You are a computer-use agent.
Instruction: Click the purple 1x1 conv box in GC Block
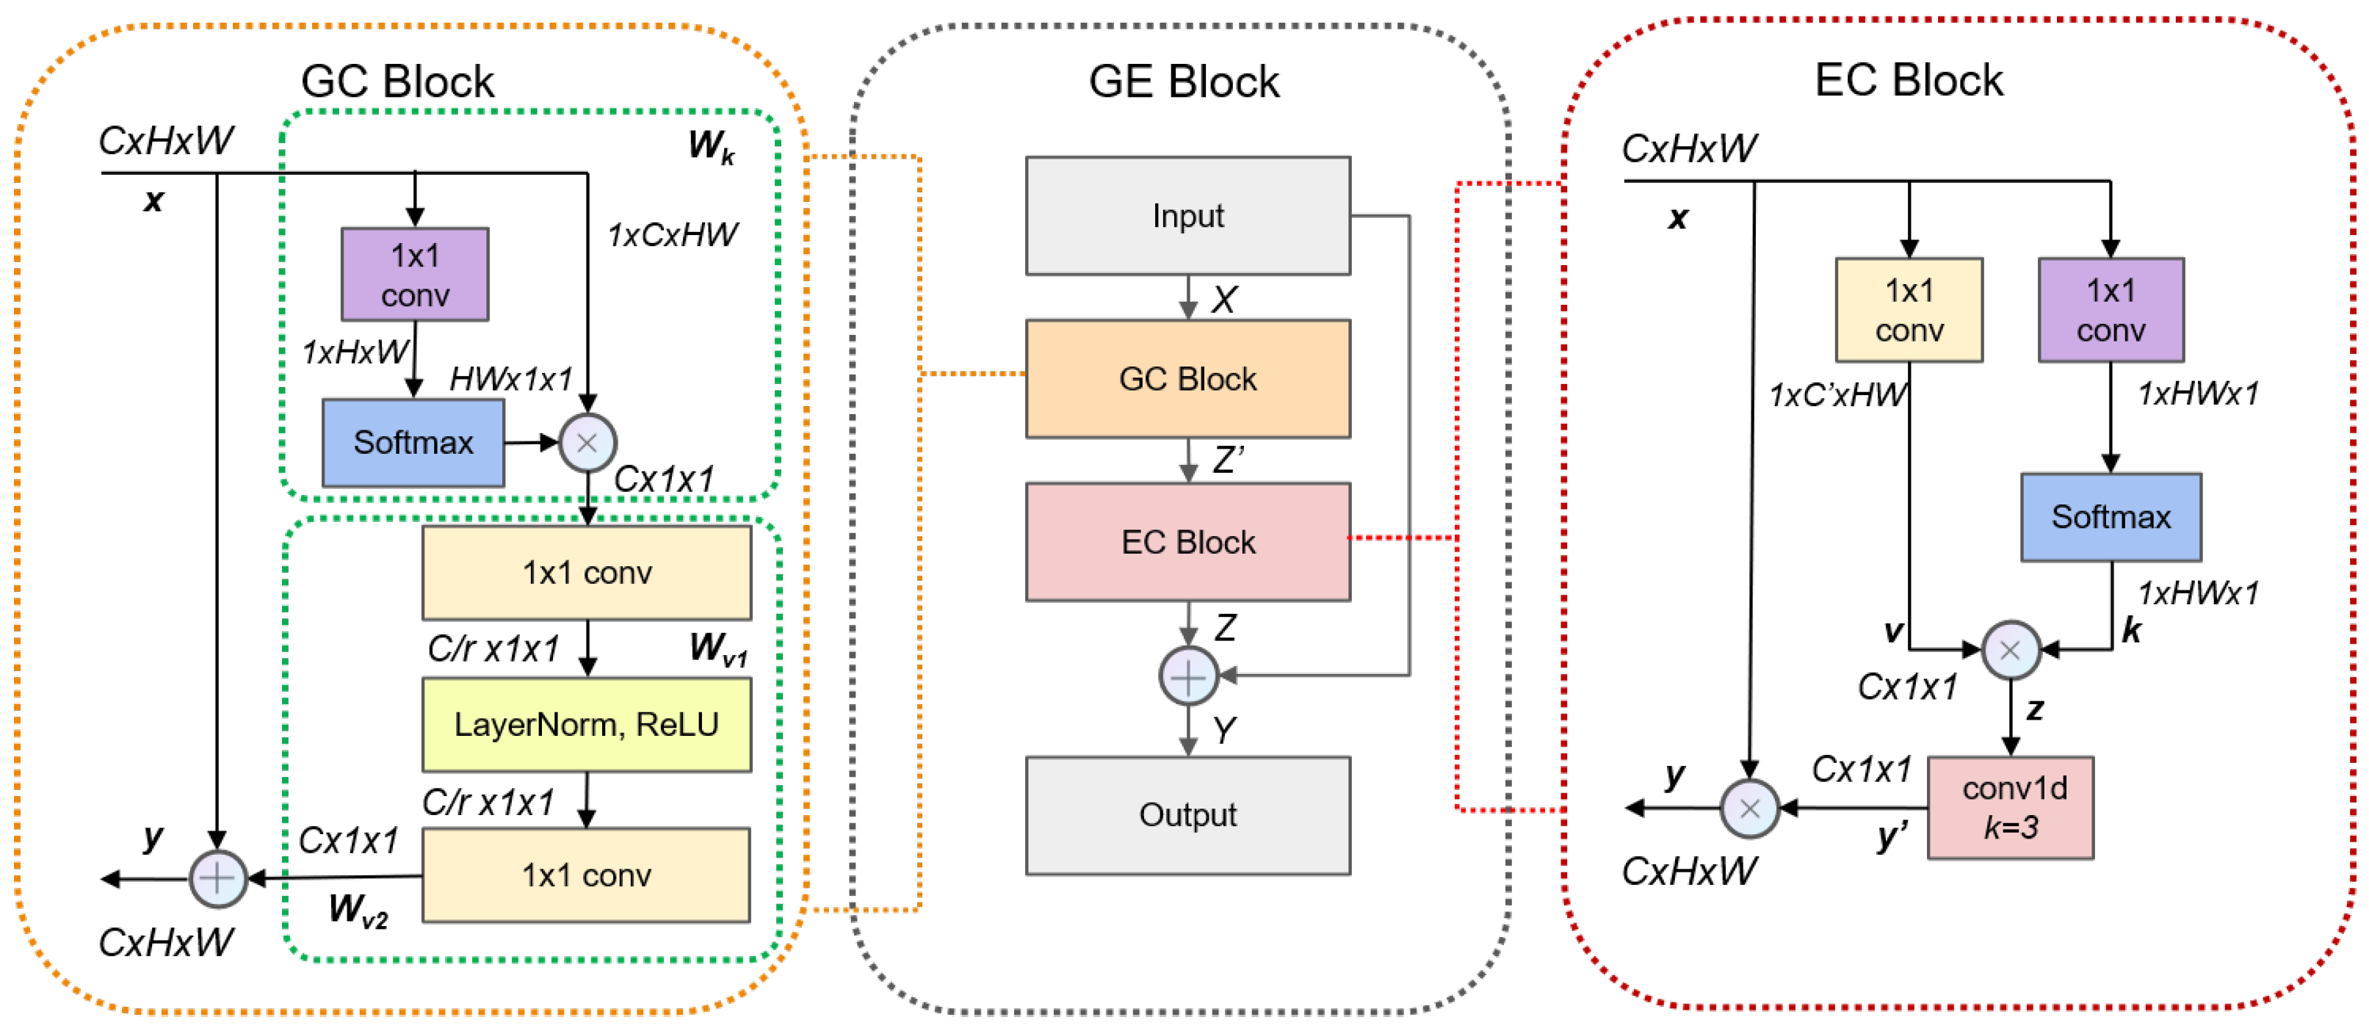415,274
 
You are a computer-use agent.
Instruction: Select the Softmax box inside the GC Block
413,442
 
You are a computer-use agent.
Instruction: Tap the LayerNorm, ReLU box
587,725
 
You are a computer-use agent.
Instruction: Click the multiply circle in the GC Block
587,442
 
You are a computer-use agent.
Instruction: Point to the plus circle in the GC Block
218,878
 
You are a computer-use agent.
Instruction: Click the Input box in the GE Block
1187,216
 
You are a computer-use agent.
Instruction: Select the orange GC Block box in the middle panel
1187,379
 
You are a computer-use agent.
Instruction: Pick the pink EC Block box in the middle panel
1187,542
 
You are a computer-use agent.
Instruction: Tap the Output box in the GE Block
1187,815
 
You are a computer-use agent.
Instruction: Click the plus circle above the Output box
1188,677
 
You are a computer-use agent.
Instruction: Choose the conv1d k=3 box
2011,808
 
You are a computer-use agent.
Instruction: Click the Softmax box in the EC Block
2111,517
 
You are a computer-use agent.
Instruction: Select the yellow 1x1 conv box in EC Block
1909,310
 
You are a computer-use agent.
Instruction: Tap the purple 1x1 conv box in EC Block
2111,310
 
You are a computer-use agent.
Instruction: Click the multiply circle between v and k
2011,650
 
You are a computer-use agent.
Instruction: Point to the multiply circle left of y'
1749,808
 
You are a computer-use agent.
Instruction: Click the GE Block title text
1184,82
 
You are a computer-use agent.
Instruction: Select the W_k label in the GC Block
711,146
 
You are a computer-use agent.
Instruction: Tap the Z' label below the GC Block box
1229,459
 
